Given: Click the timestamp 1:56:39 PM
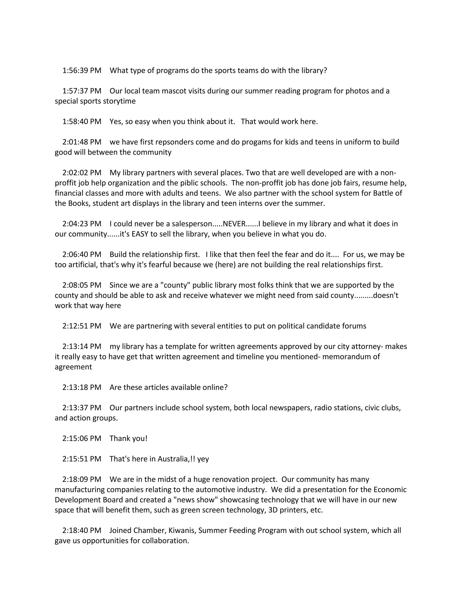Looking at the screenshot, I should coord(82,71).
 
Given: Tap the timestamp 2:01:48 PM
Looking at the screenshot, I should coord(82,142).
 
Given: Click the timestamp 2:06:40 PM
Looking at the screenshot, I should coord(82,255).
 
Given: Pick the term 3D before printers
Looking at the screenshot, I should coord(273,510).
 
